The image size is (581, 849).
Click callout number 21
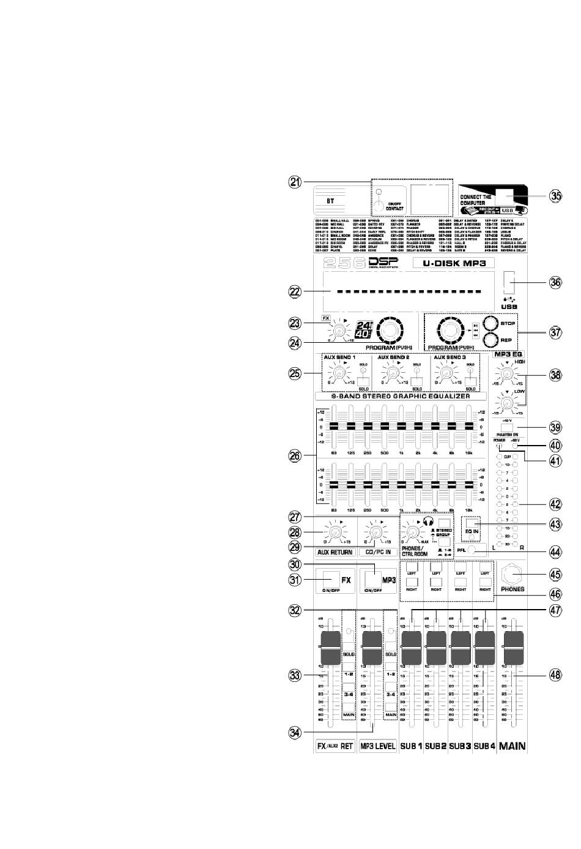295,182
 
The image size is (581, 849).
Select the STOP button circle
492,324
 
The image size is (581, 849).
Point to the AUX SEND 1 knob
335,372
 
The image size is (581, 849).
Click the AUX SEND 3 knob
448,372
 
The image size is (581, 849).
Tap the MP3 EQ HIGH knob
506,375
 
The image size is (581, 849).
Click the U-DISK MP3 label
454,263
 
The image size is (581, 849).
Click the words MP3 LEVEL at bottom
377,746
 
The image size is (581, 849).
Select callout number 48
555,675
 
